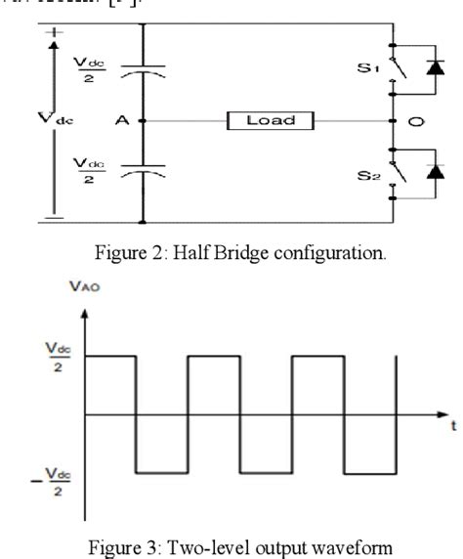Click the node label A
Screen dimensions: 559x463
pos(123,121)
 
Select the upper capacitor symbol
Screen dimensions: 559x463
pos(144,70)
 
